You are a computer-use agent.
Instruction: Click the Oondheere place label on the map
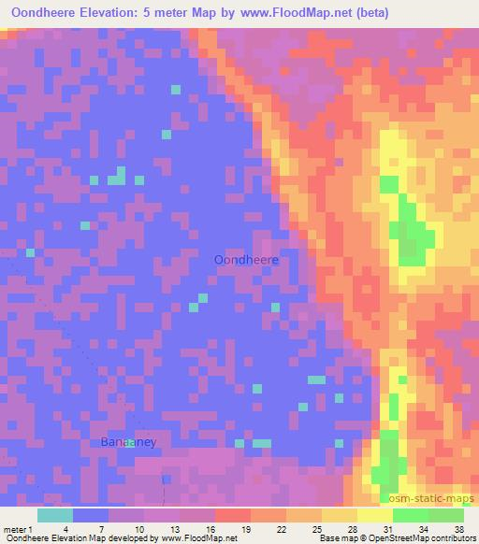tap(248, 260)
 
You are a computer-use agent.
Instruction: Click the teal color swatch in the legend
tap(55, 516)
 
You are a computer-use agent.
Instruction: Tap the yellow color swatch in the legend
tap(375, 516)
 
